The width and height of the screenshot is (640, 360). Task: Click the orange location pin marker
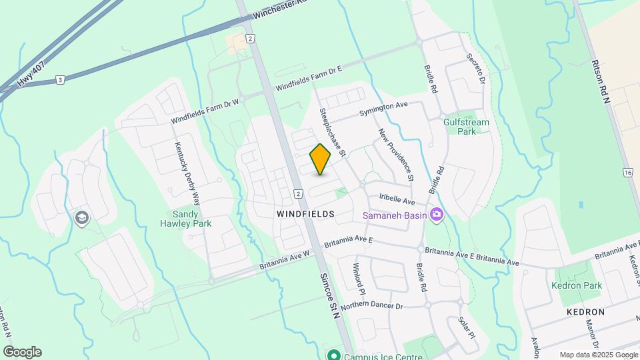pos(320,159)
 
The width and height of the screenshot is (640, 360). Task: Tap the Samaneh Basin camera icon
pos(437,215)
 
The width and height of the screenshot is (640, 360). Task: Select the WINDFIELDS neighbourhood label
pos(305,213)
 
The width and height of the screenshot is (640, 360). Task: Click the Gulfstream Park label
pos(466,127)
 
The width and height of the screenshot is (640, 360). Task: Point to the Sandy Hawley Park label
pos(192,219)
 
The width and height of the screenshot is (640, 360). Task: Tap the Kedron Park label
pos(577,285)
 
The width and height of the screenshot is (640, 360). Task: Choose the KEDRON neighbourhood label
pos(587,311)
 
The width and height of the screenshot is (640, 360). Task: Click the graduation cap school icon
pos(82,218)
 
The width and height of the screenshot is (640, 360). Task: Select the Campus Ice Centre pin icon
pos(334,355)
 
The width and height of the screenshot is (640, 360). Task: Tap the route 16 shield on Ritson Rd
pos(627,173)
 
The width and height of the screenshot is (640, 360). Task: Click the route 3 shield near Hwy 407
pos(60,80)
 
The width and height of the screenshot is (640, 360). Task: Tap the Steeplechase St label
pos(332,132)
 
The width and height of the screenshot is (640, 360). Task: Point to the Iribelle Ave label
pos(397,201)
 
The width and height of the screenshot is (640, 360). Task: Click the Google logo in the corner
pos(22,352)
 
